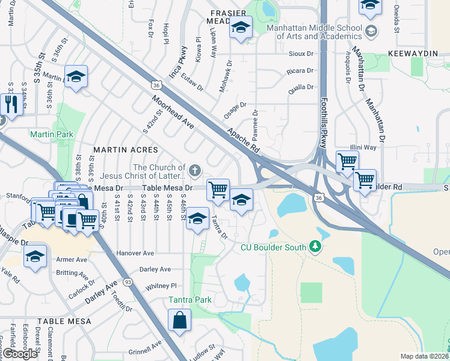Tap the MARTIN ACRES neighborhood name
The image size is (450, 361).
pos(125,149)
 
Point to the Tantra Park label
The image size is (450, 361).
pos(185,300)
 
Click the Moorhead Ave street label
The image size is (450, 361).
pos(172,113)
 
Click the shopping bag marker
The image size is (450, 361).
pos(179,321)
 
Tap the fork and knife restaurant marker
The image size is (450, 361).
pos(10,104)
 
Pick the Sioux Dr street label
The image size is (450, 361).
pos(302,54)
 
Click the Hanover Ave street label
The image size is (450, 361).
pos(136,253)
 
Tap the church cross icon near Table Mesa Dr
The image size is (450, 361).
pos(194,171)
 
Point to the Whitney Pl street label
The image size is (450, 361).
pos(161,286)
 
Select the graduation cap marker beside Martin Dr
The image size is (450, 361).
pos(76,77)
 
